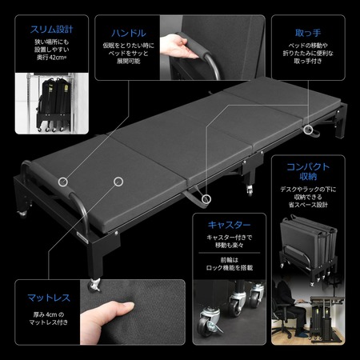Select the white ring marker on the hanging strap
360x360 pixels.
pos(206,196)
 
